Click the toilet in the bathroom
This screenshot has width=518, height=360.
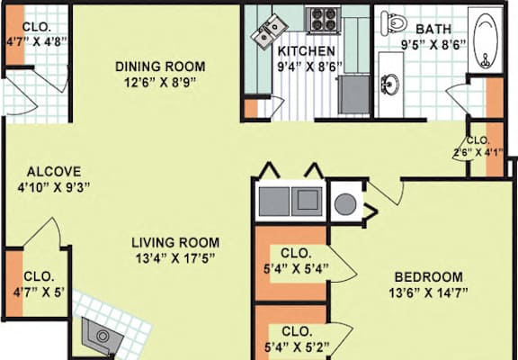pyautogui.click(x=393, y=23)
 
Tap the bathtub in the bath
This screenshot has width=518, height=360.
pyautogui.click(x=486, y=40)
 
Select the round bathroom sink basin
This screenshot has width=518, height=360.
pyautogui.click(x=390, y=84)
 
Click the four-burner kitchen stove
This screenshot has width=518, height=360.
pyautogui.click(x=323, y=20)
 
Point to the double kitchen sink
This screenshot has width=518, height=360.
pyautogui.click(x=269, y=31)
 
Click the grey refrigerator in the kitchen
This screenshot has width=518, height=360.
pyautogui.click(x=354, y=94)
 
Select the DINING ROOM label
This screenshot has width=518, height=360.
pyautogui.click(x=160, y=67)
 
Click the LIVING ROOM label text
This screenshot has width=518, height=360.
pyautogui.click(x=175, y=243)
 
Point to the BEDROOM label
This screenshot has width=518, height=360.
pyautogui.click(x=428, y=277)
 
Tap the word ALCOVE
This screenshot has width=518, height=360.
pyautogui.click(x=54, y=172)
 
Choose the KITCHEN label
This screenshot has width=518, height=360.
pyautogui.click(x=307, y=51)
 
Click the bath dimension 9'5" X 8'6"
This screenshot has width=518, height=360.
pyautogui.click(x=433, y=45)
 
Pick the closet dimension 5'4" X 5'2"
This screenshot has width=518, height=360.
pyautogui.click(x=297, y=347)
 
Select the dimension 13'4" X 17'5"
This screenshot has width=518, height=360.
pyautogui.click(x=175, y=258)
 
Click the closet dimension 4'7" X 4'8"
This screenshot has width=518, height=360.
pyautogui.click(x=37, y=41)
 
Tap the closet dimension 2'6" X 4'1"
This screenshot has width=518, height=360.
pyautogui.click(x=478, y=152)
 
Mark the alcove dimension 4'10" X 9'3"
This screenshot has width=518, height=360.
pyautogui.click(x=54, y=187)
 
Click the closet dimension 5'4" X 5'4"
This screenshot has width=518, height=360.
pyautogui.click(x=296, y=269)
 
